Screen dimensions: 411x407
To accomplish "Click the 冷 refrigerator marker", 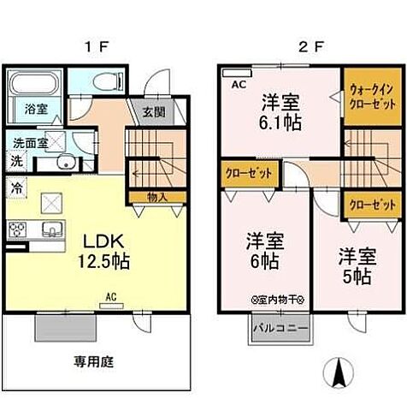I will click(16, 184).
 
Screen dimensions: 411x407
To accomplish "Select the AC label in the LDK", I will click(110, 298).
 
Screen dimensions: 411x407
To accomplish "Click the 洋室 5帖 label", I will click(357, 265).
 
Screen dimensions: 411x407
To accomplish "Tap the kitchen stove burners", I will click(18, 229).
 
